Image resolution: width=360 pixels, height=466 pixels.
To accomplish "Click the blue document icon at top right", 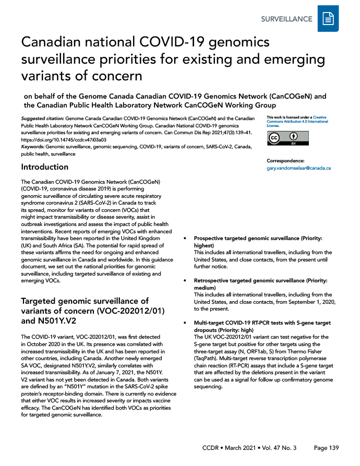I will point(328,19).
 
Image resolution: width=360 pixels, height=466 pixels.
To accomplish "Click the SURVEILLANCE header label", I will point(286,19).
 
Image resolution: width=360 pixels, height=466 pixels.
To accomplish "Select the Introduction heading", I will point(44,167).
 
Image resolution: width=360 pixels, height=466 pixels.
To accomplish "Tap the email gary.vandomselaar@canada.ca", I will point(298,168).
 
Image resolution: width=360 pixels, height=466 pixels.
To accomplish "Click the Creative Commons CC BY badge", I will point(287,138).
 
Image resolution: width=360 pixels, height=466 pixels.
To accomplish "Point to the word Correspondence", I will point(285,161).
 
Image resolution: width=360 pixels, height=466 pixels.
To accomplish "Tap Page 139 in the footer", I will point(327,448).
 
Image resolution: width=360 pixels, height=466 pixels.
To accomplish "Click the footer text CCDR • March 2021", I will point(230,448).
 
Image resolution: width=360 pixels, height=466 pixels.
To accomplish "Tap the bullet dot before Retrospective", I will point(187,281).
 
